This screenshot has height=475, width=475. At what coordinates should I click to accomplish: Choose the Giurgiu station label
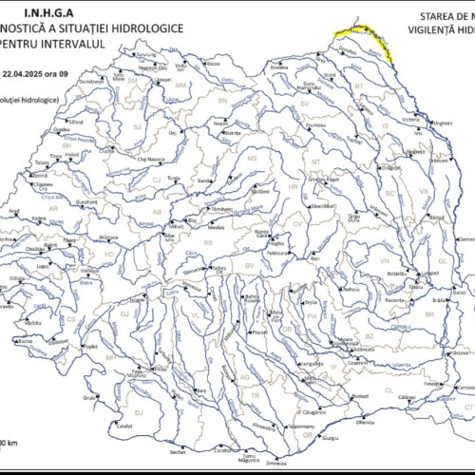330,438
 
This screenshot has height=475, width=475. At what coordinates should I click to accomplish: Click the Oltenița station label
365,422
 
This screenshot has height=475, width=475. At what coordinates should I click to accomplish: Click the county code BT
359,85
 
